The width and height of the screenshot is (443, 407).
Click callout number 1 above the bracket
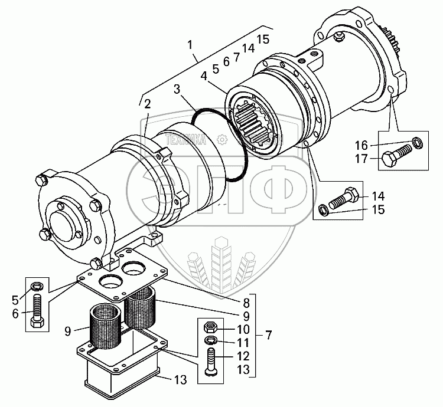click(x=190, y=45)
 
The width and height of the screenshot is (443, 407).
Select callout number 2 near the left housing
click(x=146, y=104)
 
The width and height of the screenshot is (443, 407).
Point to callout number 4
click(x=203, y=76)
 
